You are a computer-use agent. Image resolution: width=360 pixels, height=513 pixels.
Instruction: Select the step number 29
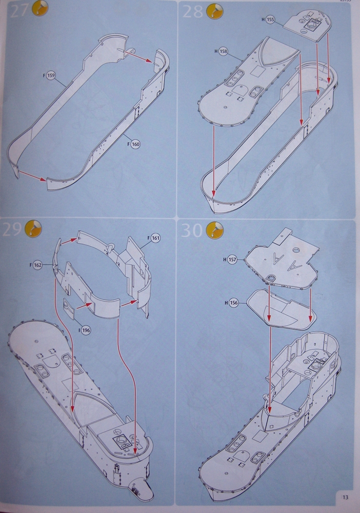coord(12,230)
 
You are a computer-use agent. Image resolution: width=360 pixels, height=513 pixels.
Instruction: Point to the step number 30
coord(192,231)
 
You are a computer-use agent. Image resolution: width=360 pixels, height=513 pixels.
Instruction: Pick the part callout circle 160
coord(135,144)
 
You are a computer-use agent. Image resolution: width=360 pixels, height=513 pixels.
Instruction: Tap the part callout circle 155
coord(271,19)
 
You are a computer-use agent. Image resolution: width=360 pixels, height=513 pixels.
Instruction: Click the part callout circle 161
coord(156,238)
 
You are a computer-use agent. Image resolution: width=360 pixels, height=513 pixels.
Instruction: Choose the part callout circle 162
coord(37,265)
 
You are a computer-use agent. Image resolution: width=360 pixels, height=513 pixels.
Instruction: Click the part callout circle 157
coord(232,260)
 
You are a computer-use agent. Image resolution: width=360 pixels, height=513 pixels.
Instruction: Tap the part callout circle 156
coord(233,303)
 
